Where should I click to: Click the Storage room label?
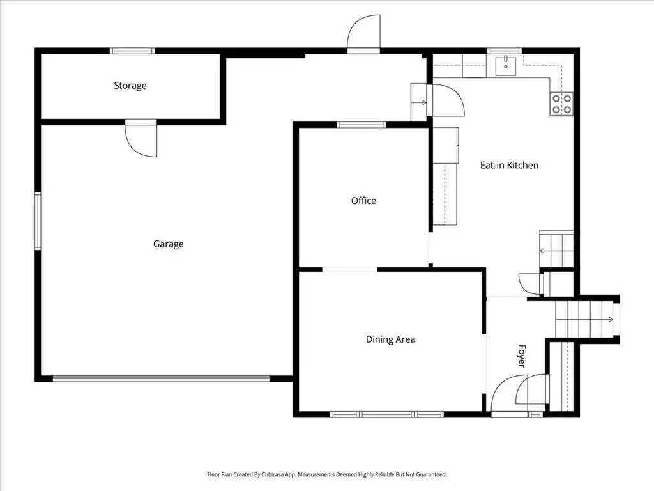130,86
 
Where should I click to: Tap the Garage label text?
168,244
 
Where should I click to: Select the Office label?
363,201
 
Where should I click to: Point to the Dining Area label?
390,339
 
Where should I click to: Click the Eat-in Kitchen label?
509,166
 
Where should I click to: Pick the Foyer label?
522,356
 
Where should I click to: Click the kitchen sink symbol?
506,66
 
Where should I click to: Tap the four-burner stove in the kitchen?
561,104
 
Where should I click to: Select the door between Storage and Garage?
141,138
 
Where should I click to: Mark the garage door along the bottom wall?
161,378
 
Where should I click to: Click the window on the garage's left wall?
38,221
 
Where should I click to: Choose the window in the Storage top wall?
132,51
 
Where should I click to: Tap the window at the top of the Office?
361,125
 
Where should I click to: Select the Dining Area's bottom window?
386,414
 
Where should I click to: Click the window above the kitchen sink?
505,51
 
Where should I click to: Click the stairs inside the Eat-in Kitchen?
556,249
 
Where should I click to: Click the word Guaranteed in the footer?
432,474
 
